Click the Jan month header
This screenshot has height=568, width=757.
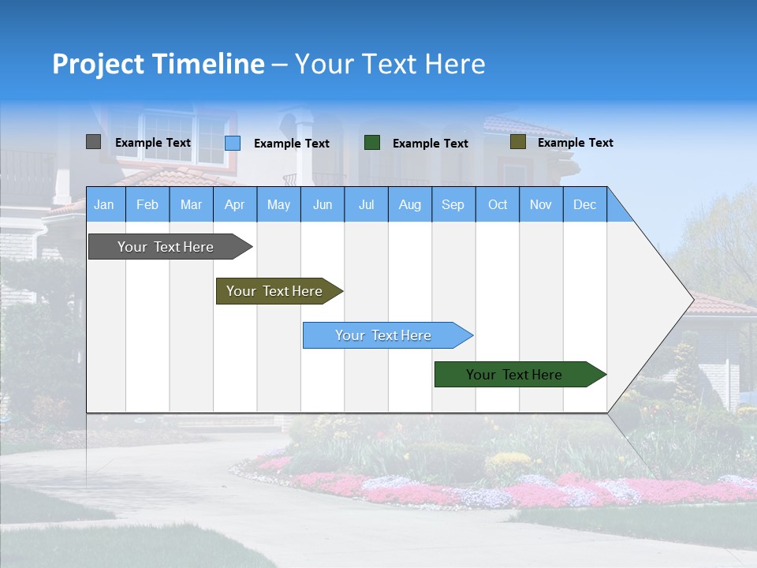(x=104, y=204)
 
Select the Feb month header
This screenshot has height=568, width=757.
(x=147, y=204)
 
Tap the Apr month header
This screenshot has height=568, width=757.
(x=235, y=204)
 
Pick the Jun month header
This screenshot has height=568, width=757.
(x=323, y=204)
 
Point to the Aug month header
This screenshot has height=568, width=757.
(x=410, y=204)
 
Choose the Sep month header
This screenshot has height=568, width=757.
(x=453, y=204)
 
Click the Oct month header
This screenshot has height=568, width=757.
(x=498, y=204)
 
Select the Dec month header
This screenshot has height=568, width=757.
(x=584, y=204)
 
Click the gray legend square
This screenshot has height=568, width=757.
(x=93, y=142)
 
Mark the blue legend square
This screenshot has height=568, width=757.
(x=233, y=143)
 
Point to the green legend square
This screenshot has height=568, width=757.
(x=372, y=143)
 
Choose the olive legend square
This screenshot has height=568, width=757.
(x=517, y=142)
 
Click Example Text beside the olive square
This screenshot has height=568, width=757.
(x=575, y=143)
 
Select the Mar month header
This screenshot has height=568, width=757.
(x=191, y=204)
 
